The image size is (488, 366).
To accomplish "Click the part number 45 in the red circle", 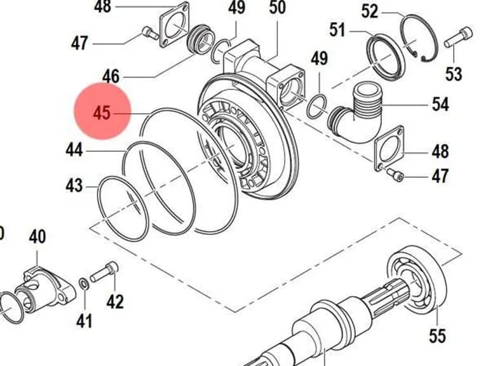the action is click(x=102, y=112).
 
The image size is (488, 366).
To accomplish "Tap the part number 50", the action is click(x=277, y=8).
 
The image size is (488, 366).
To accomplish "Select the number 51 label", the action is click(x=337, y=30).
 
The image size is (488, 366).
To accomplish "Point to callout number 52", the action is click(x=370, y=12).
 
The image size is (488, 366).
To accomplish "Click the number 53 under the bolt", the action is click(x=454, y=74).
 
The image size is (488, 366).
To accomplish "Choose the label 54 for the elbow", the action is click(x=441, y=104).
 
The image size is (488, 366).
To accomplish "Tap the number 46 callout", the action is click(x=111, y=76).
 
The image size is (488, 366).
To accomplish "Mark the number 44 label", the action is click(x=74, y=150).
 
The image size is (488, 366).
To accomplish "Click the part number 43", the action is click(x=74, y=186).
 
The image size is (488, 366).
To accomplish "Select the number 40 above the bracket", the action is click(x=37, y=237).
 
